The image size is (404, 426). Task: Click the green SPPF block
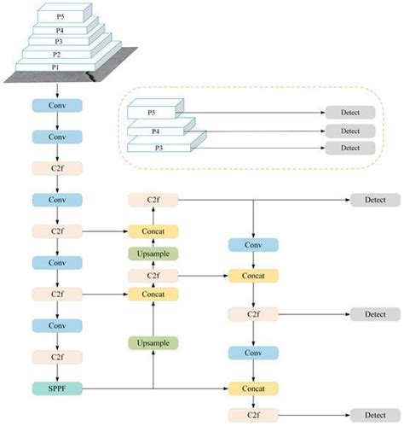pyautogui.click(x=56, y=388)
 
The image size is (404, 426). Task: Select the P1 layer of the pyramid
pyautogui.click(x=56, y=67)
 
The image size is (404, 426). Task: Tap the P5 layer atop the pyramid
pyautogui.click(x=59, y=15)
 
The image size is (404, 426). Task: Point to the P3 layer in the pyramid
pyautogui.click(x=58, y=40)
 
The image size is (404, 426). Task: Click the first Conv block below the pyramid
pyautogui.click(x=56, y=106)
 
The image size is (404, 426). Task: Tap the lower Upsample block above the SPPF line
pyautogui.click(x=153, y=342)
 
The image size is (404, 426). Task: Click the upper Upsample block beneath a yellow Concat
pyautogui.click(x=153, y=254)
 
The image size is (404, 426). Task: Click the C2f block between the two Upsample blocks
pyautogui.click(x=153, y=275)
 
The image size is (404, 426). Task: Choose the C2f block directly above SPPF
pyautogui.click(x=56, y=357)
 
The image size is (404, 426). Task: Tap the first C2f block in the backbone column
pyautogui.click(x=56, y=168)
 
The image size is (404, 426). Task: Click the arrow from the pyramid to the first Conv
pyautogui.click(x=56, y=89)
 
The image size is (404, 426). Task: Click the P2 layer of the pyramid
pyautogui.click(x=56, y=53)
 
